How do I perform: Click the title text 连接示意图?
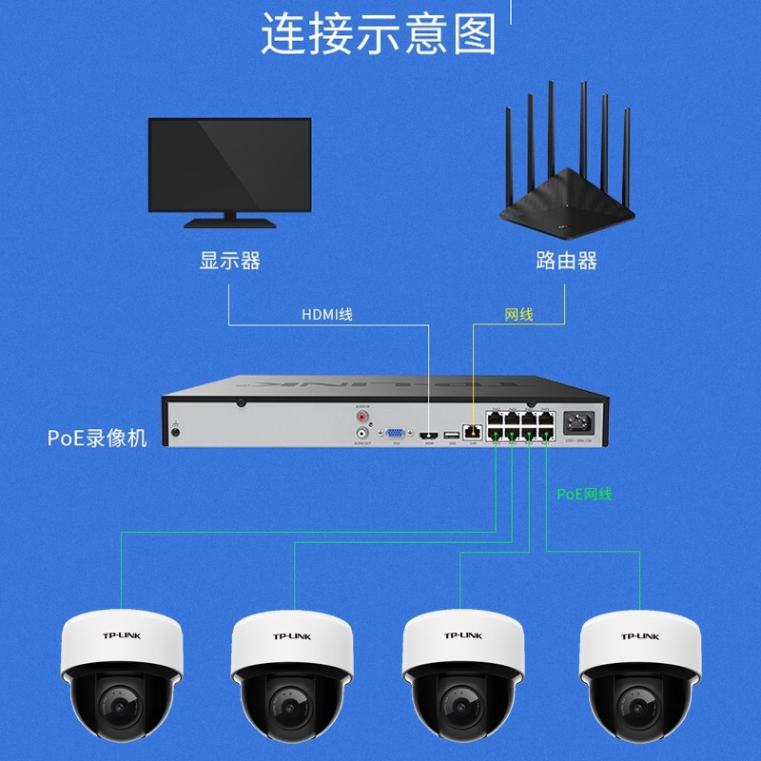point(379,34)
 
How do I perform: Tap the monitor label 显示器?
point(229,261)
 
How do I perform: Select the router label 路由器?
point(566,261)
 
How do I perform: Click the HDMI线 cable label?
point(326,314)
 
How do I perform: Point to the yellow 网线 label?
point(518,314)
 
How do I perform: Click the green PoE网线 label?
point(584,494)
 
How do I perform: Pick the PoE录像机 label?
point(98,439)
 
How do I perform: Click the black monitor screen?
point(229,164)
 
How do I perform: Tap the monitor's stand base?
point(229,224)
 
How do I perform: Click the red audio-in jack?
point(362,415)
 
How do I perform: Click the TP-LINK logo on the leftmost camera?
point(120,635)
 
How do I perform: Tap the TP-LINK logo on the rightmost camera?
point(639,635)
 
